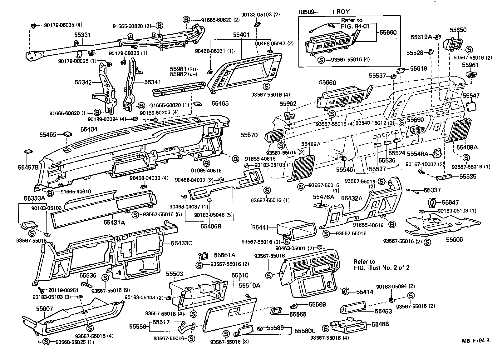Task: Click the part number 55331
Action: (x=82, y=35)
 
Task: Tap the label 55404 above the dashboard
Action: (x=89, y=129)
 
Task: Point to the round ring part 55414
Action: (x=345, y=291)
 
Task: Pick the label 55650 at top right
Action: (x=458, y=30)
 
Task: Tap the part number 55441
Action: (x=260, y=227)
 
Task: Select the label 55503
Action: (x=175, y=274)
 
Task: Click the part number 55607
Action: (x=45, y=308)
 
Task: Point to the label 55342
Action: (x=83, y=82)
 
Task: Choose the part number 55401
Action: (x=241, y=35)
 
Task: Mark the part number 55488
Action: (x=380, y=324)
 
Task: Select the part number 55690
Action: (x=416, y=120)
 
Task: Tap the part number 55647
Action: (x=450, y=202)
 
